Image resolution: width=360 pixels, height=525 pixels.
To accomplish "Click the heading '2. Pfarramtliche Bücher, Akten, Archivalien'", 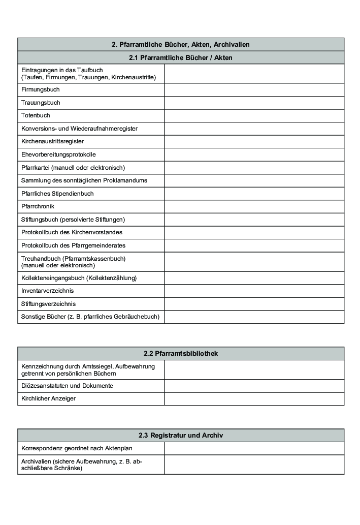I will tap(180, 45).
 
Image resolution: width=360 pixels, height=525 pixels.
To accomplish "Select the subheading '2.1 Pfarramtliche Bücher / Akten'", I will tap(180, 58).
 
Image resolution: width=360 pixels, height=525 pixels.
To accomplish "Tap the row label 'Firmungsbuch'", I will tap(41, 89).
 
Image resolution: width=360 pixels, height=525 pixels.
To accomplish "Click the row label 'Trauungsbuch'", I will tap(41, 103).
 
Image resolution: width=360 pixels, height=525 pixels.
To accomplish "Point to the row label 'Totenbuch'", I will tap(36, 115).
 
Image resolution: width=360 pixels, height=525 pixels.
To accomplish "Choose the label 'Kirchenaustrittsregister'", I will tap(53, 141).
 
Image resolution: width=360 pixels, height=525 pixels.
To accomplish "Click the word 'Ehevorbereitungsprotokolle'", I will tap(58, 155).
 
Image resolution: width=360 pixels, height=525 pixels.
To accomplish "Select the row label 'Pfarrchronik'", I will tap(38, 206).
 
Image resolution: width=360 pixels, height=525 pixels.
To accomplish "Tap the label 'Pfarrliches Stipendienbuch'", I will tap(57, 194).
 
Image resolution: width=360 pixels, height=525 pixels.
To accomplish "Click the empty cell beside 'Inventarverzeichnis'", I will tap(254, 291).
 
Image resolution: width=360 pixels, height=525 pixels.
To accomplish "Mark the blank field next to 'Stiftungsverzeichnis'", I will tap(254, 304).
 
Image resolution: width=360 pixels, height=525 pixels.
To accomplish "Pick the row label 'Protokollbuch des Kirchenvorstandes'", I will tap(72, 232).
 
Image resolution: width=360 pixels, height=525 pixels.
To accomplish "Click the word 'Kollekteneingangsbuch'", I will tap(53, 278).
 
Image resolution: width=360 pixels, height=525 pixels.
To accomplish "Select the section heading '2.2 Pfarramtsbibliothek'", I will tap(180, 354).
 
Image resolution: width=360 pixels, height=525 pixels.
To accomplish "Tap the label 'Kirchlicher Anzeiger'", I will tap(48, 398).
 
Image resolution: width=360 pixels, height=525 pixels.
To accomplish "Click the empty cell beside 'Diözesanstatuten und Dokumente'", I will tap(254, 386).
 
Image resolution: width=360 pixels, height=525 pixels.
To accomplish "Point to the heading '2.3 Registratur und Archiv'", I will tap(180, 436).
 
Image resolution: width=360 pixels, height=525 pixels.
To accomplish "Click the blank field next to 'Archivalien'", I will tap(254, 465).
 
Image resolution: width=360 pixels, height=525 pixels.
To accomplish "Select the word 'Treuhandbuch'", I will tap(41, 259).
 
